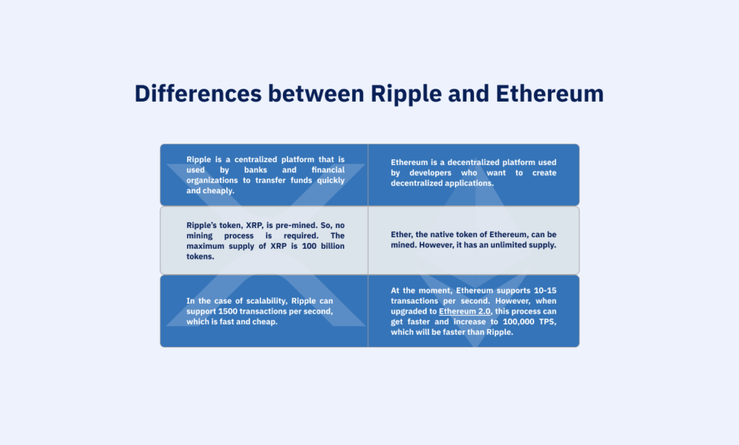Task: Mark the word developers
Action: tap(426, 172)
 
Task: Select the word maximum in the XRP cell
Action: tap(209, 246)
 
